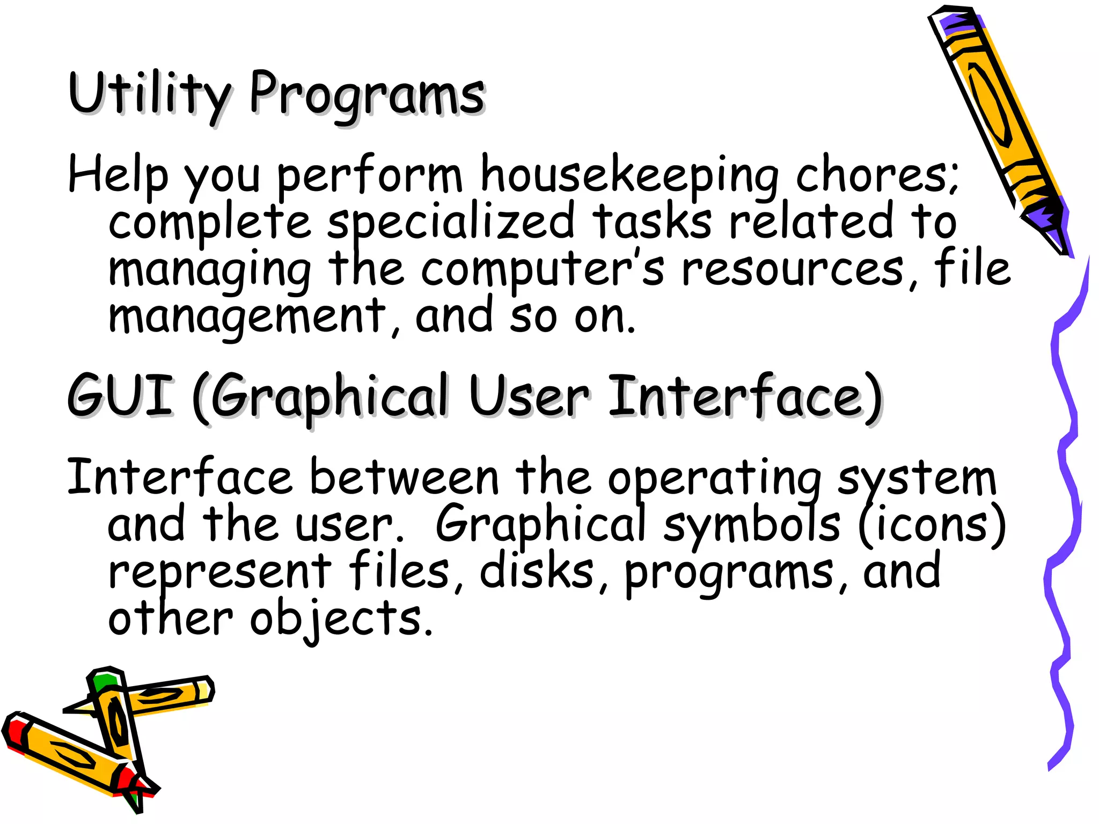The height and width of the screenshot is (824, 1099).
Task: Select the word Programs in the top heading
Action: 367,95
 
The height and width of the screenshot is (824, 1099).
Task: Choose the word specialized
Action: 451,222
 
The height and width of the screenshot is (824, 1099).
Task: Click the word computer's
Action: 542,268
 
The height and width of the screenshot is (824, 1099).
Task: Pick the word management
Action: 247,317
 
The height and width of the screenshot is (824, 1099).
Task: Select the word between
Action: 405,478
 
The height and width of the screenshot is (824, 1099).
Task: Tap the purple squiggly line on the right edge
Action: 1065,510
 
